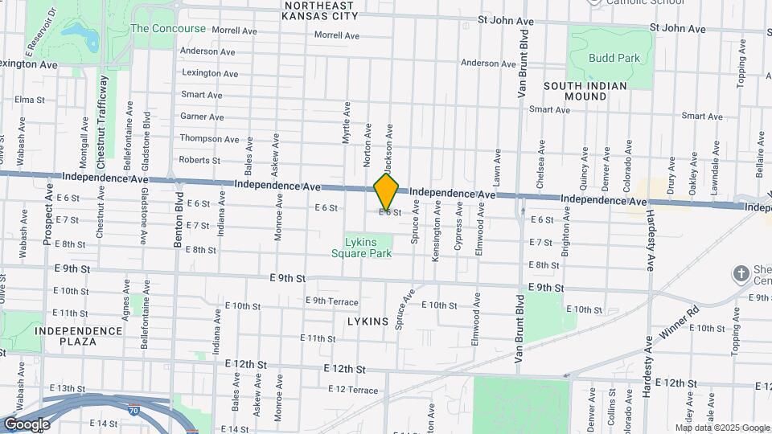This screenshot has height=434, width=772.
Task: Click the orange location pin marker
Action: pyautogui.click(x=387, y=192)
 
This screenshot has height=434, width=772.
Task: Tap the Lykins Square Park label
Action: pyautogui.click(x=362, y=247)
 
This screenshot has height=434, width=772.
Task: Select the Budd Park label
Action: pyautogui.click(x=614, y=58)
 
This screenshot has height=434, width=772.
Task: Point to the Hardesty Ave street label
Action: pyautogui.click(x=648, y=241)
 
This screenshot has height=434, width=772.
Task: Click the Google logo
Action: pyautogui.click(x=27, y=424)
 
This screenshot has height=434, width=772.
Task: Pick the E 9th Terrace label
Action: pyautogui.click(x=331, y=301)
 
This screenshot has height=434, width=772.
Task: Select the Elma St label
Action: pyautogui.click(x=29, y=100)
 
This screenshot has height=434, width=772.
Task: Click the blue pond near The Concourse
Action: pyautogui.click(x=77, y=32)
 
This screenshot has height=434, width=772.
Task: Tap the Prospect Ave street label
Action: pyautogui.click(x=48, y=219)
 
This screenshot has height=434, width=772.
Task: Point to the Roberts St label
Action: pyautogui.click(x=199, y=160)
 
